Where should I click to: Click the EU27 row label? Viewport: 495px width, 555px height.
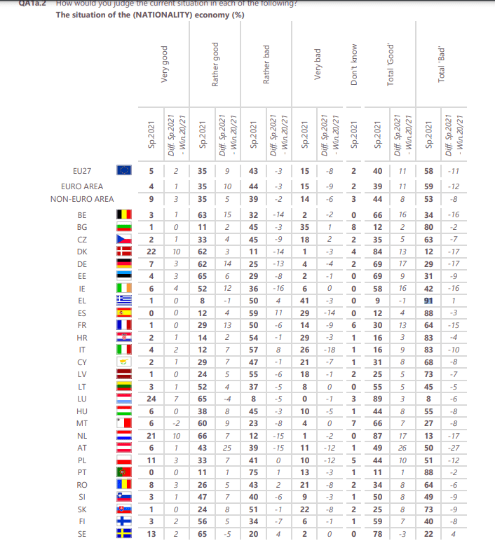[x=82, y=170]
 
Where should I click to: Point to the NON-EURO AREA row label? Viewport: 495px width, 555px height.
[x=82, y=199]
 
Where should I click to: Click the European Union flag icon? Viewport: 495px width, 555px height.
[x=125, y=170]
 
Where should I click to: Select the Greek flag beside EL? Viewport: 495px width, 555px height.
[x=124, y=300]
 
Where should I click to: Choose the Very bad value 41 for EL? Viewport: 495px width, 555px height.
[x=304, y=300]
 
